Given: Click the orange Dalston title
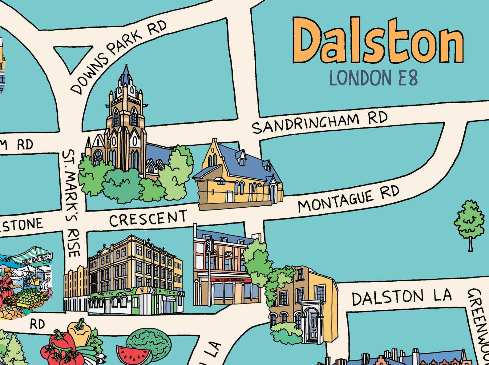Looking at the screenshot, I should tap(378, 41).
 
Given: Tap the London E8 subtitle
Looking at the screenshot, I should tap(374, 77).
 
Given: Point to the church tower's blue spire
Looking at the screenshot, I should tap(126, 75).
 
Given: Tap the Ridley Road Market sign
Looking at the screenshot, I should tap(37, 259).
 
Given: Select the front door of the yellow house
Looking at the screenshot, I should tap(313, 326).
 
